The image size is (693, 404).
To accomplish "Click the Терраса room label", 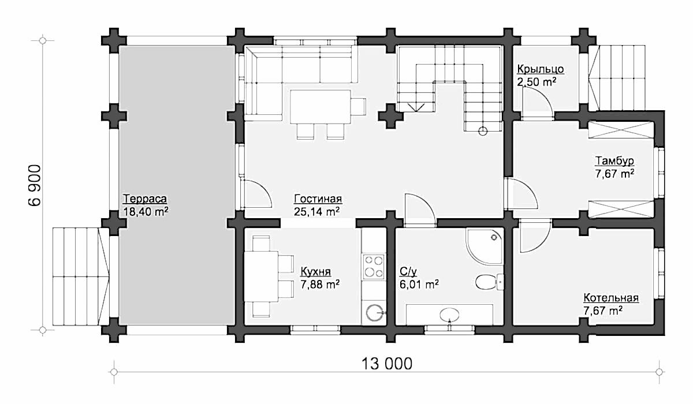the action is point(145,199).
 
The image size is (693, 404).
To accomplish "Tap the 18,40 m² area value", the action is point(146,212).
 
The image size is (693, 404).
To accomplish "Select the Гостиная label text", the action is point(318,199).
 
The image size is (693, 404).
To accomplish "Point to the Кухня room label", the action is point(315,271).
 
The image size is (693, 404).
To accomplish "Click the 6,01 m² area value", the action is point(419,285).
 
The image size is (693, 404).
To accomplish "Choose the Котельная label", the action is point(611,298).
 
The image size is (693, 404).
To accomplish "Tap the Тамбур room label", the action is point(614,161).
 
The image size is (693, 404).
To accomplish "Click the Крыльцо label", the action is point(541,69).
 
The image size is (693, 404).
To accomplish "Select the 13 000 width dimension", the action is point(387,364).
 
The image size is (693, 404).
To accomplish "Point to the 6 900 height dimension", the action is point(34,185).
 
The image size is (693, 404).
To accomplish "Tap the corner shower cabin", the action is point(484,246).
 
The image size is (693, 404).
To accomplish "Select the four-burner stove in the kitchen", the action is point(374,267).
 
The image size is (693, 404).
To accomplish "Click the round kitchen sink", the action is point(375,313).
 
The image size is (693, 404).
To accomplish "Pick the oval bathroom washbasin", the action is point(449,315).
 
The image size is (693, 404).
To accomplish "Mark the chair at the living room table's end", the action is point(359,107).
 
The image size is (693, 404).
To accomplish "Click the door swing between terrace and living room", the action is point(258,193).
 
